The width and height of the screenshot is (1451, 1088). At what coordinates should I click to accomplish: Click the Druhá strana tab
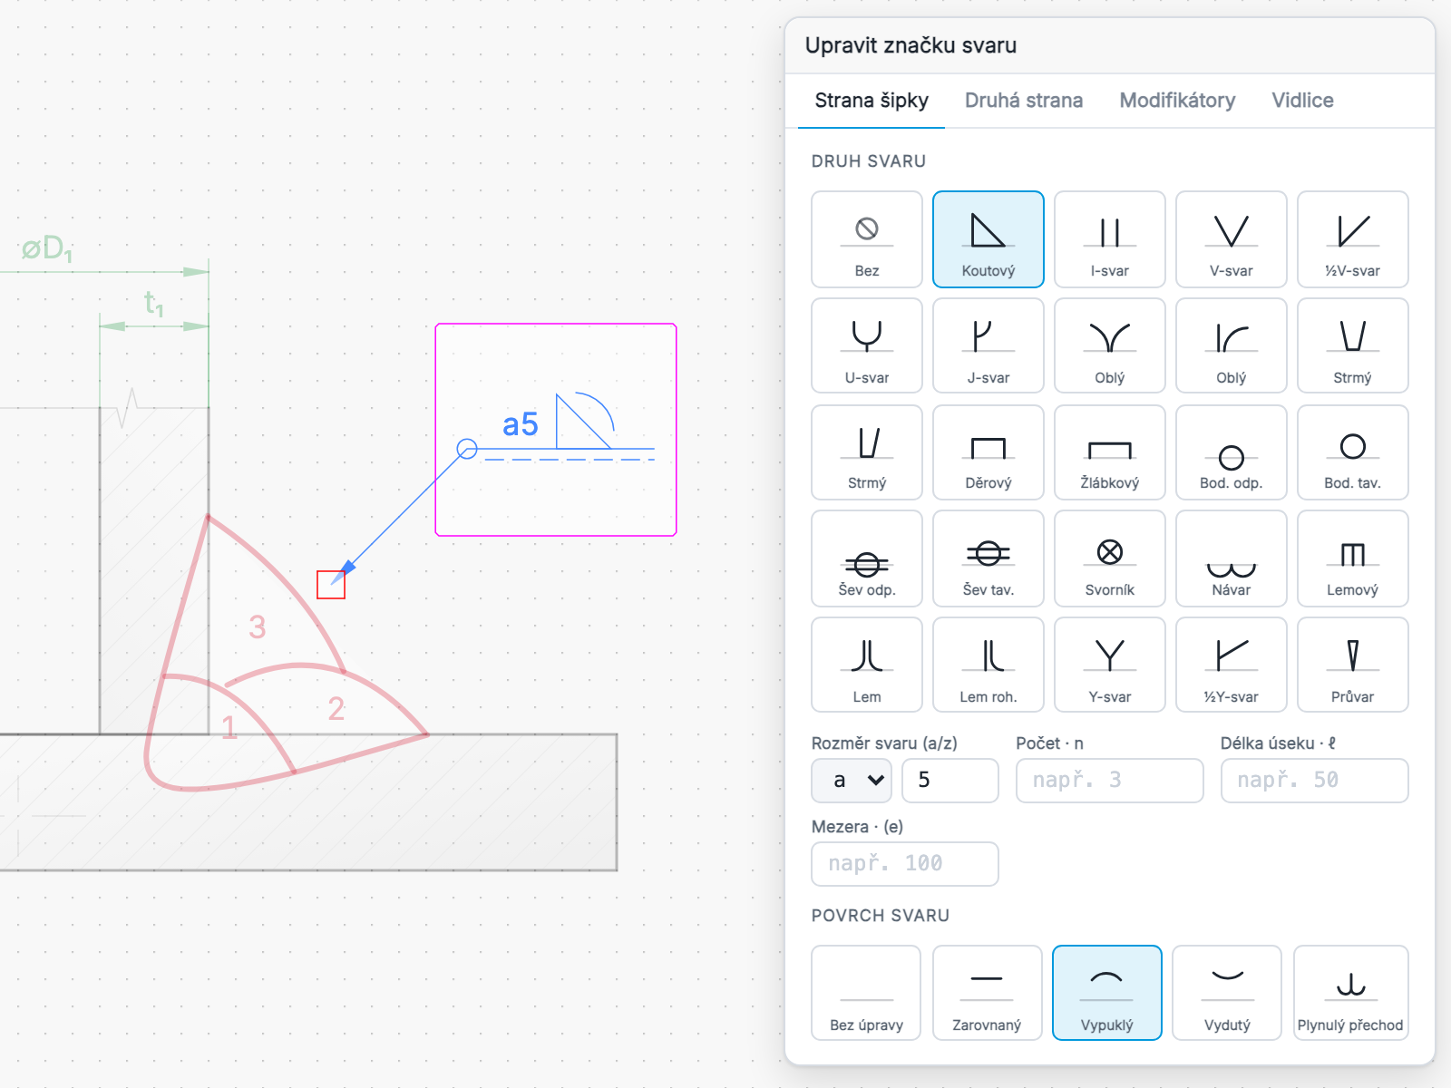[x=1023, y=101]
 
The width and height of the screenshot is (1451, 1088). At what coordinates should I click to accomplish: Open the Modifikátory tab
[x=1176, y=101]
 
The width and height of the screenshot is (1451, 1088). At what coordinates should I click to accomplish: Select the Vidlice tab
[x=1302, y=101]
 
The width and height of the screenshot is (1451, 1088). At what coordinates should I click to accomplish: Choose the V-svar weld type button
[x=1231, y=239]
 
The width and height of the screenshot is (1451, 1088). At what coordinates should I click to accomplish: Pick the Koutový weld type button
[x=988, y=239]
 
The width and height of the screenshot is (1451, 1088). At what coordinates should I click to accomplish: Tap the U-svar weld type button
[x=867, y=345]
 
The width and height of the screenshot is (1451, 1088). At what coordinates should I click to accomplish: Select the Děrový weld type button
[x=988, y=452]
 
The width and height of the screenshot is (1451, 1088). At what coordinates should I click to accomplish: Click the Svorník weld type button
[x=1109, y=559]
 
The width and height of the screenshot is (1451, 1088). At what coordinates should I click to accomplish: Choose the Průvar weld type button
[x=1352, y=665]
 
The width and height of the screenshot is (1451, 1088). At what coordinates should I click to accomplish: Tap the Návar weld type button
[x=1231, y=559]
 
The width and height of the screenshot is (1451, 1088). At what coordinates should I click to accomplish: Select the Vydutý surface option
[x=1227, y=992]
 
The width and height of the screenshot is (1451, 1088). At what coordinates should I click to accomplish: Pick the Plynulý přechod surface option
[x=1350, y=992]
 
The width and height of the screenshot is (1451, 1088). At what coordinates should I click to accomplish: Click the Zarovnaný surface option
[x=987, y=992]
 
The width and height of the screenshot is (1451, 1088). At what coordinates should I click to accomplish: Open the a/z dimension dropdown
[x=852, y=780]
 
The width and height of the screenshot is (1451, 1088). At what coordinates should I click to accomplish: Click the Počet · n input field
[x=1109, y=780]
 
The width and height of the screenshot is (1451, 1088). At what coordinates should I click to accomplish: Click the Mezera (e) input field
[x=904, y=863]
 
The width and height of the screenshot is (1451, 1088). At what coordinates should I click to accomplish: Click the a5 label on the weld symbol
[x=521, y=424]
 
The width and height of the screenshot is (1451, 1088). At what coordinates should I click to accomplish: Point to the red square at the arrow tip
[x=330, y=585]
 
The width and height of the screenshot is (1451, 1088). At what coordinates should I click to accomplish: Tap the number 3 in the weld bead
[x=258, y=627]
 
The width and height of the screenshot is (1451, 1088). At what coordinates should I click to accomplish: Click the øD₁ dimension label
[x=47, y=249]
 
